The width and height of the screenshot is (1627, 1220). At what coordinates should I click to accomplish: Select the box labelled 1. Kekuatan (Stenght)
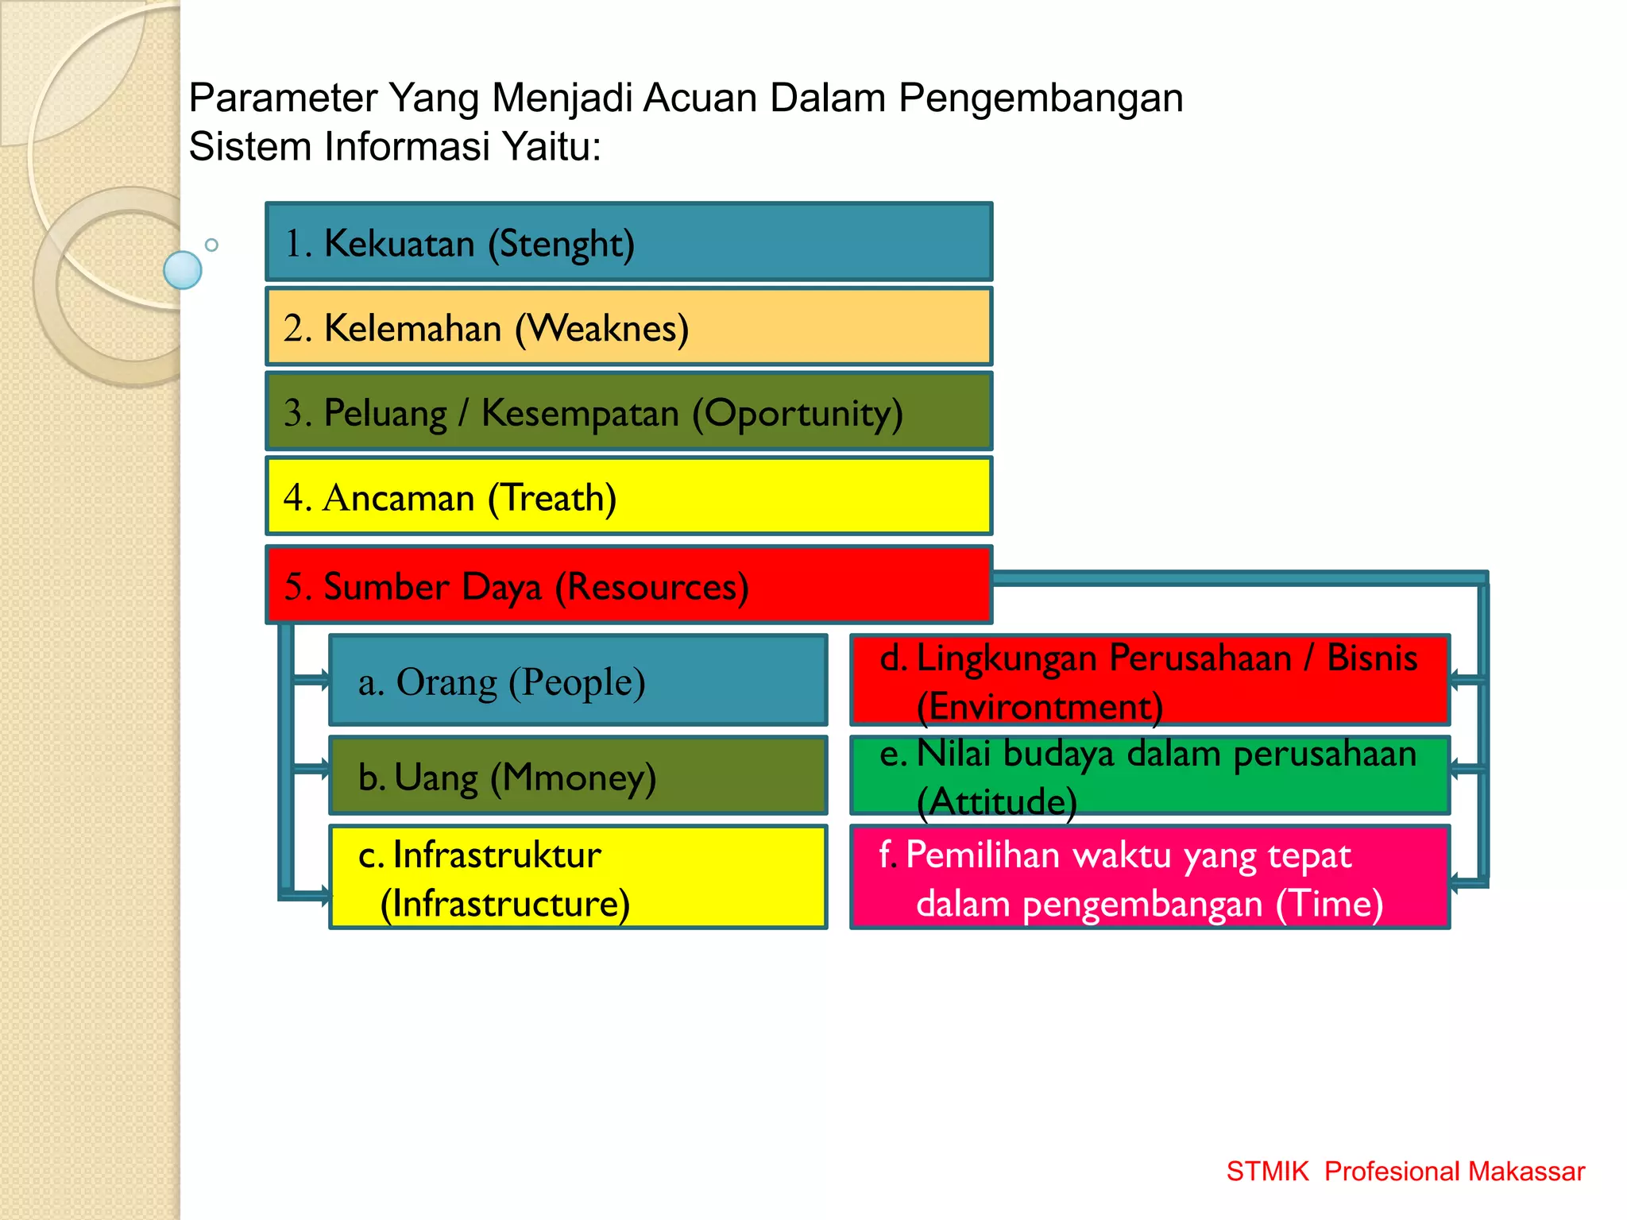(628, 242)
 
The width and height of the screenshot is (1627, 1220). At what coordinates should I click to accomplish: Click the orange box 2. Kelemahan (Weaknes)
(628, 327)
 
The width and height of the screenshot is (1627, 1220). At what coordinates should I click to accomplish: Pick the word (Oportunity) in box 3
(798, 414)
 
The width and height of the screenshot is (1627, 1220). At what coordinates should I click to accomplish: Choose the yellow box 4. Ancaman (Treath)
(628, 497)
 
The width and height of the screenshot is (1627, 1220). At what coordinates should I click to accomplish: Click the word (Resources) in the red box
(651, 588)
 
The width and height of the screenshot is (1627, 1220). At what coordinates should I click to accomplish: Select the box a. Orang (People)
(578, 681)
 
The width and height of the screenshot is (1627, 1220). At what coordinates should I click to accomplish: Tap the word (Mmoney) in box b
(573, 778)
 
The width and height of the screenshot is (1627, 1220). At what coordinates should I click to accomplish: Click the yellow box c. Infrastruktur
(578, 877)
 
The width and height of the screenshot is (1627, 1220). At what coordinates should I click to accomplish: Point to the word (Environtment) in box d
(1039, 706)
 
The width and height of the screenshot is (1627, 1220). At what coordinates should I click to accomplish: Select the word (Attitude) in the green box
(996, 801)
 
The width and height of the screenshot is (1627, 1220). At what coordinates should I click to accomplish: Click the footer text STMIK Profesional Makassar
(1405, 1172)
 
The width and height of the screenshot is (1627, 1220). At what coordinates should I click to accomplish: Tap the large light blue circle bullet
(183, 270)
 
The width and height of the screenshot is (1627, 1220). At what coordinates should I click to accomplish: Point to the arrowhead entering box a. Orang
(323, 679)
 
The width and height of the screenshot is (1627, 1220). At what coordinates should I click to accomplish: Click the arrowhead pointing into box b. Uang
(323, 768)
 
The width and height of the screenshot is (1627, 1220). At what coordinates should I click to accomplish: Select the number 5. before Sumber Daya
(298, 586)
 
